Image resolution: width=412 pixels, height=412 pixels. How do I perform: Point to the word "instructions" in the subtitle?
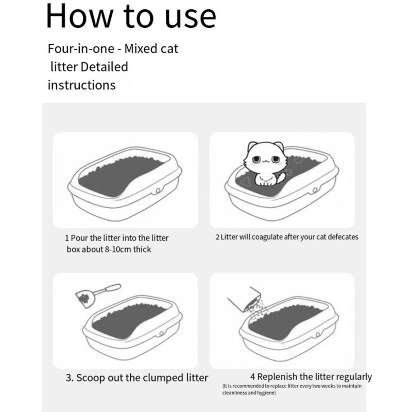pos(81,85)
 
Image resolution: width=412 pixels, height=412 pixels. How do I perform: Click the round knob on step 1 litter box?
pos(158,192)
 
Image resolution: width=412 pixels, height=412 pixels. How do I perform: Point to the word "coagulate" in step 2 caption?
pos(267,237)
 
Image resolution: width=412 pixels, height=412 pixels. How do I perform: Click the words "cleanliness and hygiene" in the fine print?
pos(249,393)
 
